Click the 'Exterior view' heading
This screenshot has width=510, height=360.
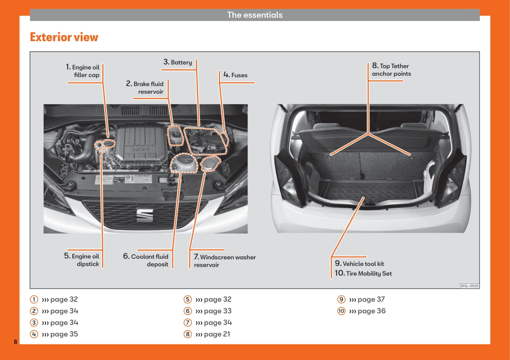click(x=64, y=37)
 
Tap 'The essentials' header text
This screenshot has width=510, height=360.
click(x=255, y=15)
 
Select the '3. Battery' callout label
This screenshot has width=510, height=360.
click(x=177, y=62)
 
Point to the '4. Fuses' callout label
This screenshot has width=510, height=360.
click(x=235, y=75)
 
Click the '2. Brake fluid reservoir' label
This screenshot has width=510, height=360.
click(x=145, y=88)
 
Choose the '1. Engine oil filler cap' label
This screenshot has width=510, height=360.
click(x=83, y=71)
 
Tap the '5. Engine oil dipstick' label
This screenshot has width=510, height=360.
click(x=82, y=260)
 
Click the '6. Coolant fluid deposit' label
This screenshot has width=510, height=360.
click(x=146, y=260)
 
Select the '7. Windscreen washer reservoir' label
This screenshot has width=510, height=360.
click(x=225, y=261)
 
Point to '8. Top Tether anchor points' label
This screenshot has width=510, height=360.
click(x=392, y=69)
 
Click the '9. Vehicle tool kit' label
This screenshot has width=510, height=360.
click(x=359, y=264)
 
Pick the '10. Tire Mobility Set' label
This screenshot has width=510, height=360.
click(x=363, y=273)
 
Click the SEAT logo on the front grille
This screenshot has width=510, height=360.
click(x=145, y=215)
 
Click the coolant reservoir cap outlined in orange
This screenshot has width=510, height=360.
click(x=184, y=163)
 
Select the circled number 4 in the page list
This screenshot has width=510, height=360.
click(x=34, y=334)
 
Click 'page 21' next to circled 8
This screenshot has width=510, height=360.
click(x=217, y=334)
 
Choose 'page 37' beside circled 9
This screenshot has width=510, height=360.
click(x=371, y=299)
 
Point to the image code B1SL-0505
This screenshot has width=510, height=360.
click(x=470, y=286)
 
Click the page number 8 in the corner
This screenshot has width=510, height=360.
click(x=16, y=342)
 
